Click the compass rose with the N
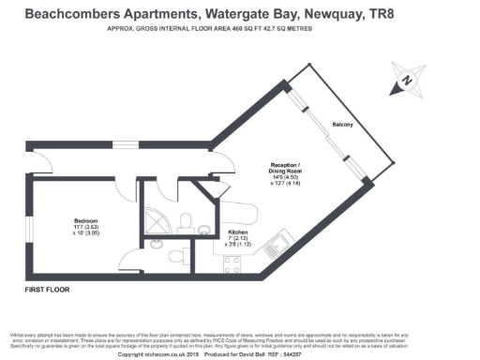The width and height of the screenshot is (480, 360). pyautogui.click(x=407, y=82)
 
